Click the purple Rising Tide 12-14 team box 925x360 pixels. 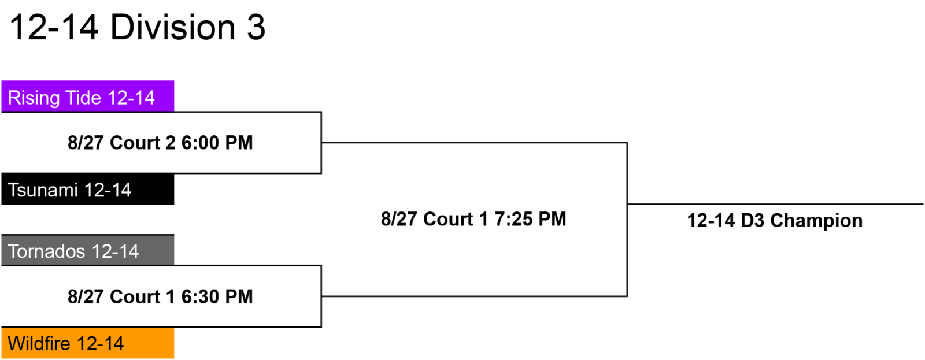point(87,96)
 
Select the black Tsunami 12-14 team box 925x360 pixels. point(87,189)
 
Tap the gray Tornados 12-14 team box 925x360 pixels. point(87,250)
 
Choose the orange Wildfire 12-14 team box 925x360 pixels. point(87,343)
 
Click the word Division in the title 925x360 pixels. point(173,28)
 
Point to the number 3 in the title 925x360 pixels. point(256,28)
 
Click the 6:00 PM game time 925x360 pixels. point(217,143)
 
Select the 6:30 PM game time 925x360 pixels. point(217,297)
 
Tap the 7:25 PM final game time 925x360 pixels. point(530,219)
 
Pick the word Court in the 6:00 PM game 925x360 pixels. point(135,143)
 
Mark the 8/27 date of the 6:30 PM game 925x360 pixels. point(86,297)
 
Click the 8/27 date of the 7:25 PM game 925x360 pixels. point(399,219)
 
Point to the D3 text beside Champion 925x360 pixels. point(752,221)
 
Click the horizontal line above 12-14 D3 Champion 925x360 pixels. point(775,204)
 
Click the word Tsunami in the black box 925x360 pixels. point(43,190)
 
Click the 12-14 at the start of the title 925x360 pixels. point(54,28)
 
